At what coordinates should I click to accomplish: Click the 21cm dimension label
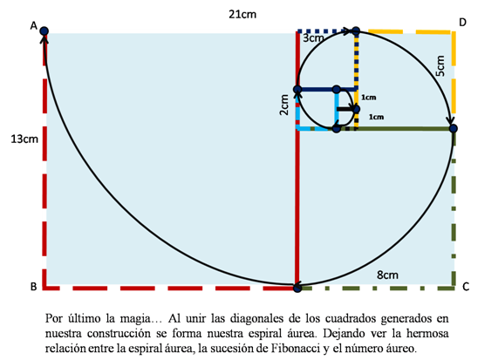point(242,15)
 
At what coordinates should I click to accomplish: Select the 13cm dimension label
point(24,139)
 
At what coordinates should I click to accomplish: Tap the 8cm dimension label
point(387,275)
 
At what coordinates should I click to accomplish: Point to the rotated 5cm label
point(440,65)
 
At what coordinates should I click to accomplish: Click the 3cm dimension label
point(313,38)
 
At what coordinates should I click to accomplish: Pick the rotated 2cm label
point(284,105)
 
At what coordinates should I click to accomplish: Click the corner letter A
point(34,26)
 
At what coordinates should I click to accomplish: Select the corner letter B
point(34,287)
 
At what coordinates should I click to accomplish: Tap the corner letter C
point(466,287)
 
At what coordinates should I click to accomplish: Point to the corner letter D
point(463,23)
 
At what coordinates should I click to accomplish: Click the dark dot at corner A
point(44,31)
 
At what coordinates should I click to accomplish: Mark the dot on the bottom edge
point(297,288)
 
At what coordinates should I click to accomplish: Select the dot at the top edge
point(357,31)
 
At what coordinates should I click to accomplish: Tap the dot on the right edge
point(454,129)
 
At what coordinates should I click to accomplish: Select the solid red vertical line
point(297,160)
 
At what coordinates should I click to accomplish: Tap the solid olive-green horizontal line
point(395,129)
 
